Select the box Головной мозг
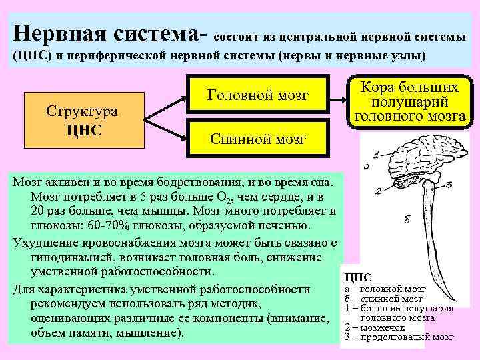259,95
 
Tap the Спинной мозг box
259,139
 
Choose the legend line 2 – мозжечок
377,328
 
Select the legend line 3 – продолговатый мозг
399,337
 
